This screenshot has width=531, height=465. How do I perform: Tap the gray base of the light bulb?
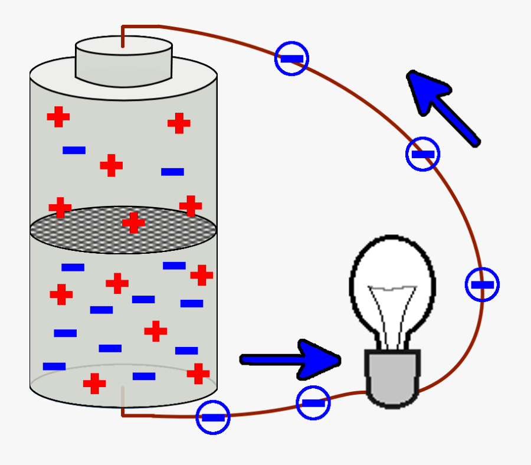[x=392, y=378]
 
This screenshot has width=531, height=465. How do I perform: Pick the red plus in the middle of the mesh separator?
[x=133, y=222]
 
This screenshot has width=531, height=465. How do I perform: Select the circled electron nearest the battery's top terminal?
[x=291, y=58]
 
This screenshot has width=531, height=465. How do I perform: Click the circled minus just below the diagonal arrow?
[x=422, y=154]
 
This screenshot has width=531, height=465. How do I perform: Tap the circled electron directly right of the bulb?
[x=482, y=284]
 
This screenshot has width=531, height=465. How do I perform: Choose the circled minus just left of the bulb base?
[x=313, y=403]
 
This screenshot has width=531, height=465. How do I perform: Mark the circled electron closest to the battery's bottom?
[x=212, y=417]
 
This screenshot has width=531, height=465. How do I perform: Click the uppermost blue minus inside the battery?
[x=74, y=150]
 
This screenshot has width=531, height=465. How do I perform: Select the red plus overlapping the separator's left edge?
[x=60, y=208]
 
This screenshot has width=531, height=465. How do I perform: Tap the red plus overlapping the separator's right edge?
[x=191, y=206]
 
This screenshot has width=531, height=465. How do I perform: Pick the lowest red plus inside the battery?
[x=94, y=384]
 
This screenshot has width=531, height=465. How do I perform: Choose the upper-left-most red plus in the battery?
[x=58, y=116]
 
